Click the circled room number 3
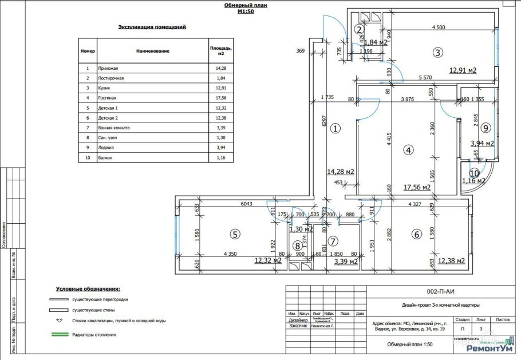437,53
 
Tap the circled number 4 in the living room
408,151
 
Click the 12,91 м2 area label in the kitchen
463,70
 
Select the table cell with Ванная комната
115,128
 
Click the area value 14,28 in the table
214,68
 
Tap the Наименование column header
153,51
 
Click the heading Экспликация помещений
152,27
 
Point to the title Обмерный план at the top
245,5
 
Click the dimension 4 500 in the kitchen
439,27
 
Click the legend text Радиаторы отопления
94,334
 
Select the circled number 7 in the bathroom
333,240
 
